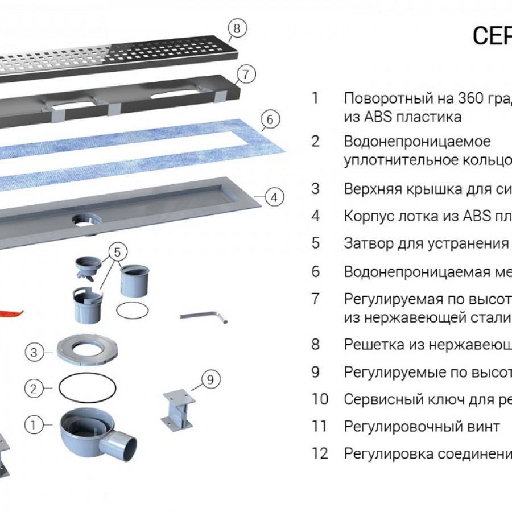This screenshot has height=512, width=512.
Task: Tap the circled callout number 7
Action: (x=245, y=74)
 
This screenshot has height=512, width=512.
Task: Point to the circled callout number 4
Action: (x=274, y=198)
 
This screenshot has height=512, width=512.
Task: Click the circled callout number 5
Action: (x=117, y=251)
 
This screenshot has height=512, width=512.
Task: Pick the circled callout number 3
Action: (x=34, y=353)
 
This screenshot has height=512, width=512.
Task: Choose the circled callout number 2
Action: (x=34, y=389)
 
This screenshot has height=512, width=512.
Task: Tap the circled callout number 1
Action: (x=34, y=424)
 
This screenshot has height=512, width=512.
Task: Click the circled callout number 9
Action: (x=210, y=379)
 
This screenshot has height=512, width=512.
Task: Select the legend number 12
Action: (x=320, y=453)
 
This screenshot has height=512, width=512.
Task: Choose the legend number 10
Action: (x=320, y=399)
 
